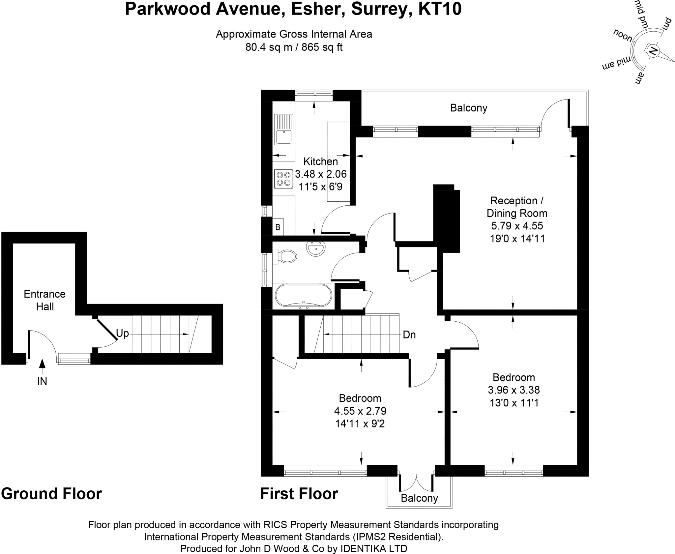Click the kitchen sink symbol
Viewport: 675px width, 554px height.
click(x=284, y=129)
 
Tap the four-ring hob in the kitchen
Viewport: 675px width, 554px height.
click(x=283, y=179)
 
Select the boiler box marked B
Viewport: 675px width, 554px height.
click(x=278, y=227)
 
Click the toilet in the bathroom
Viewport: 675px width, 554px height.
click(x=286, y=256)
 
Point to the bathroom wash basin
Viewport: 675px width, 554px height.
click(x=316, y=248)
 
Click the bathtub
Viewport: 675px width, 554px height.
click(x=304, y=296)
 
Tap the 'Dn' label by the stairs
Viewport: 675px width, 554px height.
click(x=409, y=335)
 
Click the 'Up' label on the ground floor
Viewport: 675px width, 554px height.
click(x=122, y=334)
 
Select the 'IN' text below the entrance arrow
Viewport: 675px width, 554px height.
click(x=42, y=381)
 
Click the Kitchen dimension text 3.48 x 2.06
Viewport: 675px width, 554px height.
click(x=320, y=174)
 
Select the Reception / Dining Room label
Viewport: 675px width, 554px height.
click(x=516, y=207)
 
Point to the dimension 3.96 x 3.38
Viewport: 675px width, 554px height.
click(x=514, y=390)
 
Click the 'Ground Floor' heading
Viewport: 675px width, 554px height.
click(x=51, y=494)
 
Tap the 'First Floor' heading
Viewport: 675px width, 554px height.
click(x=299, y=494)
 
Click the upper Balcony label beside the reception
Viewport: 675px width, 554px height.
click(x=468, y=108)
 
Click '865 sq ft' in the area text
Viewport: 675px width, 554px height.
click(x=322, y=47)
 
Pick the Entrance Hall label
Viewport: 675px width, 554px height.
click(x=44, y=300)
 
